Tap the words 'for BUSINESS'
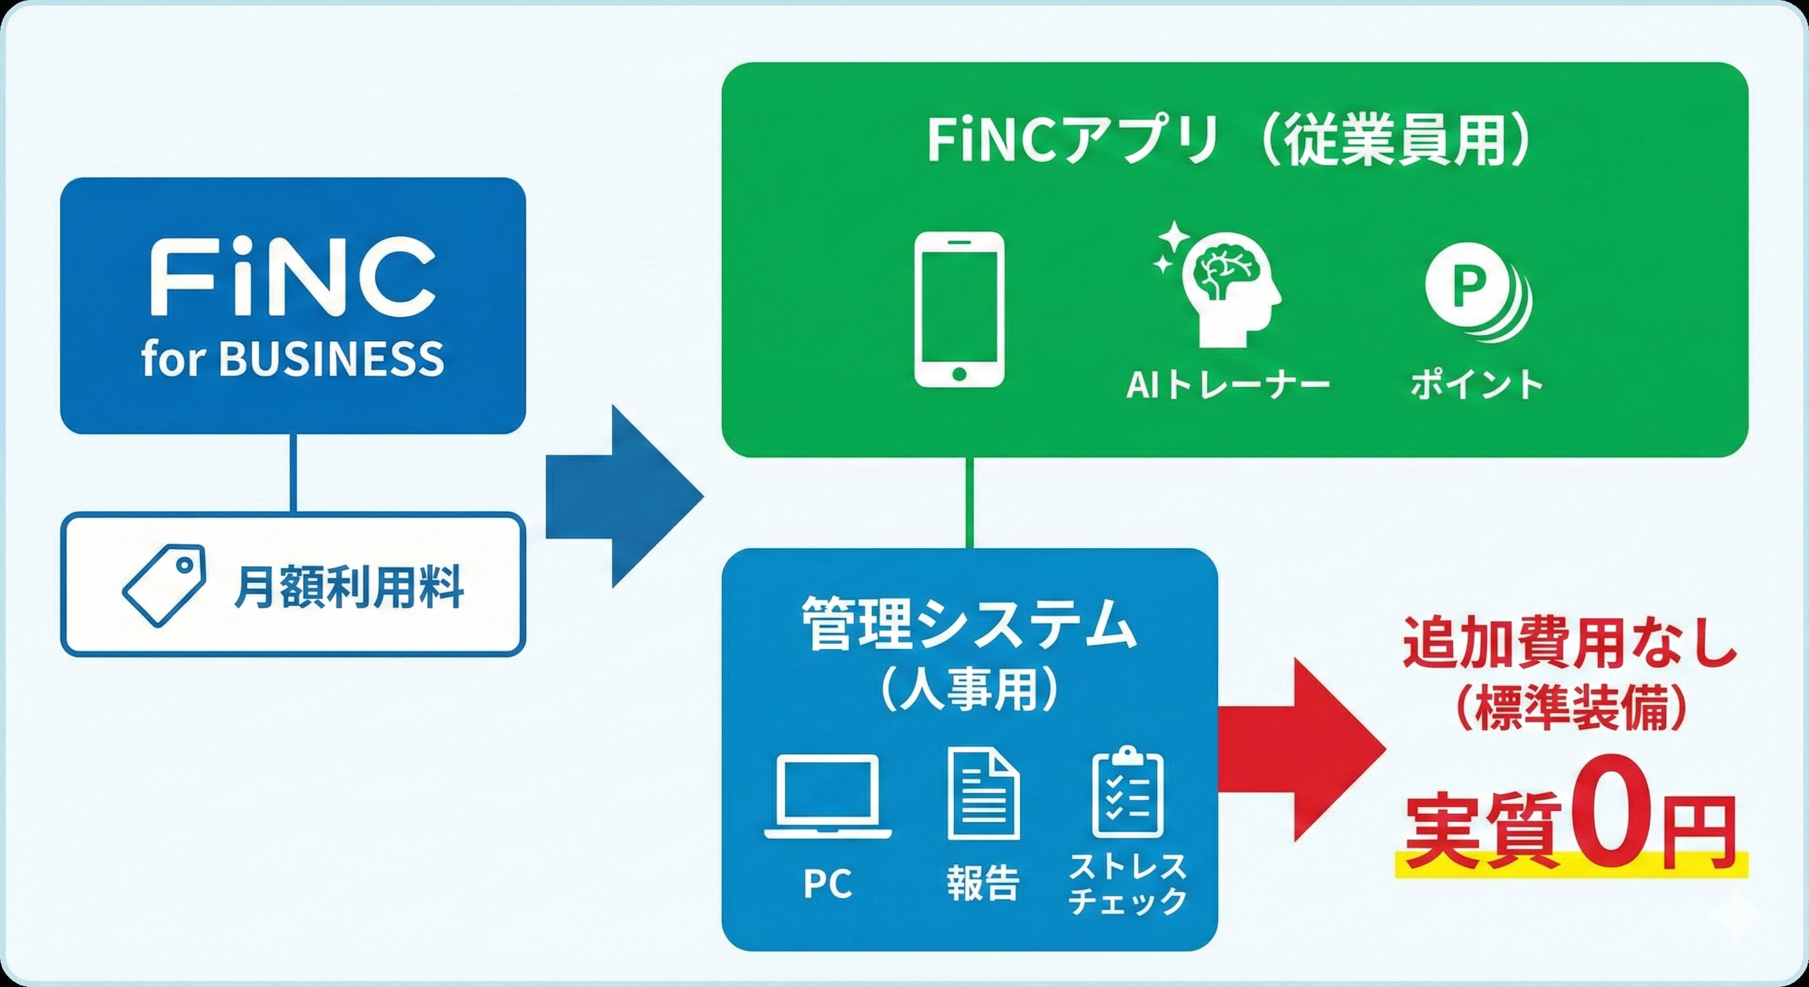[292, 359]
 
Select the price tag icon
[164, 585]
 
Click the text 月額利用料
[348, 587]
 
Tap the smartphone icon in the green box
[958, 309]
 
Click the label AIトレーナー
[1228, 386]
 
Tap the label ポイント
[1477, 385]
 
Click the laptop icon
[829, 797]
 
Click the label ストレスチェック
[1127, 884]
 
